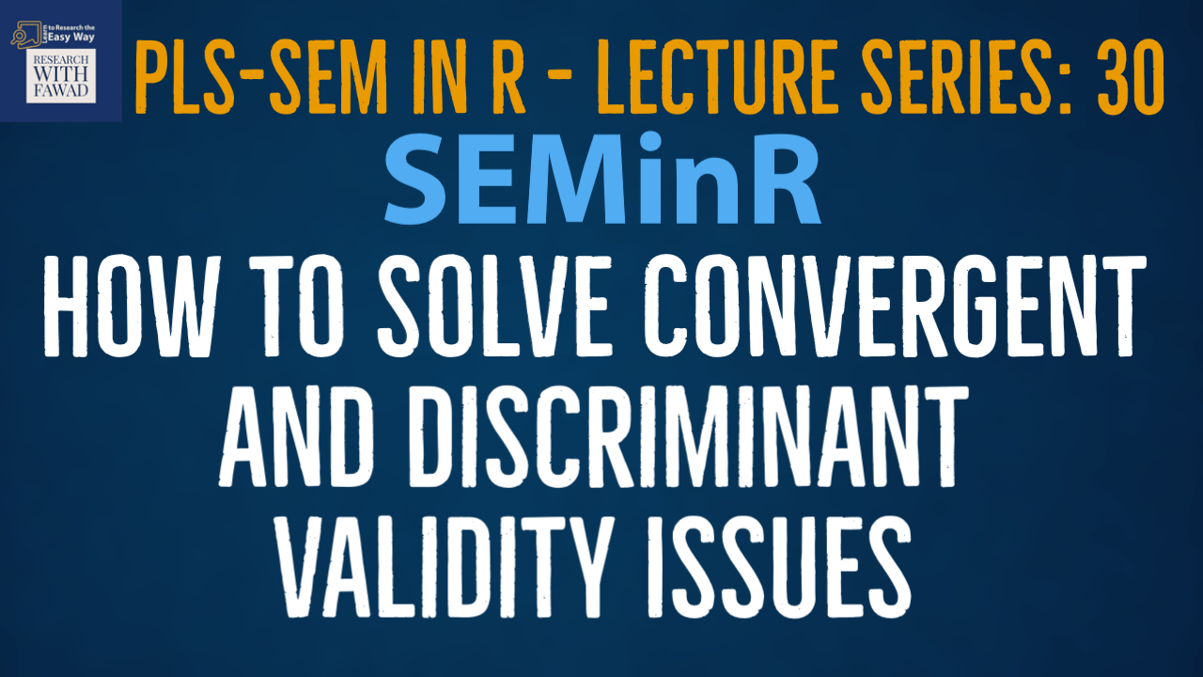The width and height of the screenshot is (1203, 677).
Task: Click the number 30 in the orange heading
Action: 1131,76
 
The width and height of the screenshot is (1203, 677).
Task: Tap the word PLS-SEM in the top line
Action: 261,76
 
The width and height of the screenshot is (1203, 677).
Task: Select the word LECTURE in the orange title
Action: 717,76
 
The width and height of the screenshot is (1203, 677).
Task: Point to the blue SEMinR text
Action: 602,179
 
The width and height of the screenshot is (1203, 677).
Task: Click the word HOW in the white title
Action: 132,306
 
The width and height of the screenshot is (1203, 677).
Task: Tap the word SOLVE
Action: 494,306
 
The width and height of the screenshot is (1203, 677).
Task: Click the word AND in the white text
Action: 296,435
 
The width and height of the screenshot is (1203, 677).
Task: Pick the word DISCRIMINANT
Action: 689,435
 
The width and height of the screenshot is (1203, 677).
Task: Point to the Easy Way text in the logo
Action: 70,38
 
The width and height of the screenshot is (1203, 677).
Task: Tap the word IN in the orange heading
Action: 439,76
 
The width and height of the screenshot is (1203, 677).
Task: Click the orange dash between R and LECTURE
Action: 561,76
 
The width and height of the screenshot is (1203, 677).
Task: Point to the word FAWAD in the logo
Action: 61,90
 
